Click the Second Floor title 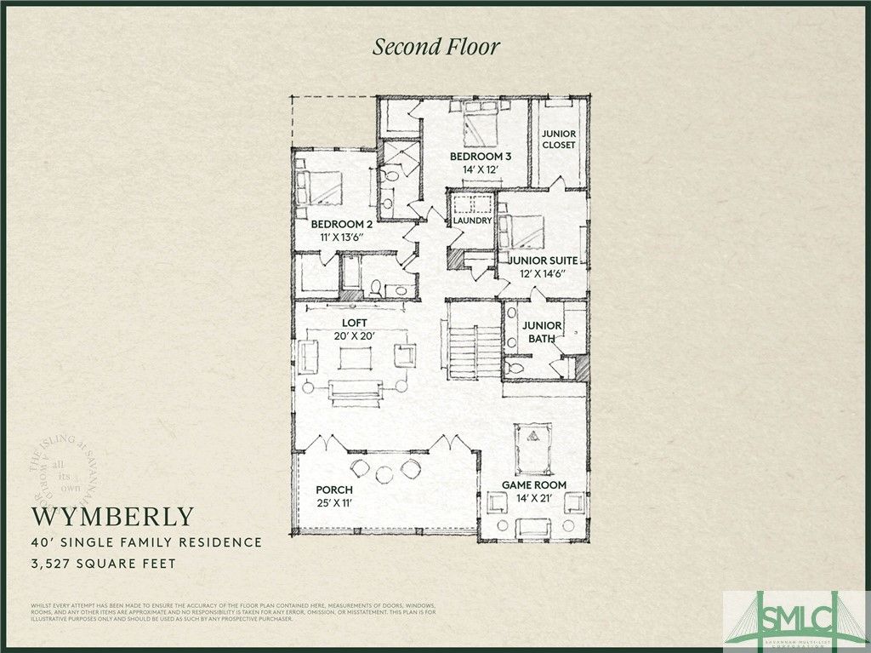coord(435,47)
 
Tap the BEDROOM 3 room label coord(480,157)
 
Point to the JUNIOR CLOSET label coord(559,140)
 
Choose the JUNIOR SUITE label coord(544,261)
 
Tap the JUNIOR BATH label coord(542,332)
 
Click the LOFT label coord(354,324)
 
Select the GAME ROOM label coord(534,485)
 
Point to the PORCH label coord(334,490)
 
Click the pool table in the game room coord(533,441)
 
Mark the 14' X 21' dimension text coord(533,498)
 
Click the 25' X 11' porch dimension coord(334,503)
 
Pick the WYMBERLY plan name coord(113,517)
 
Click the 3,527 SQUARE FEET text coord(105,563)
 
